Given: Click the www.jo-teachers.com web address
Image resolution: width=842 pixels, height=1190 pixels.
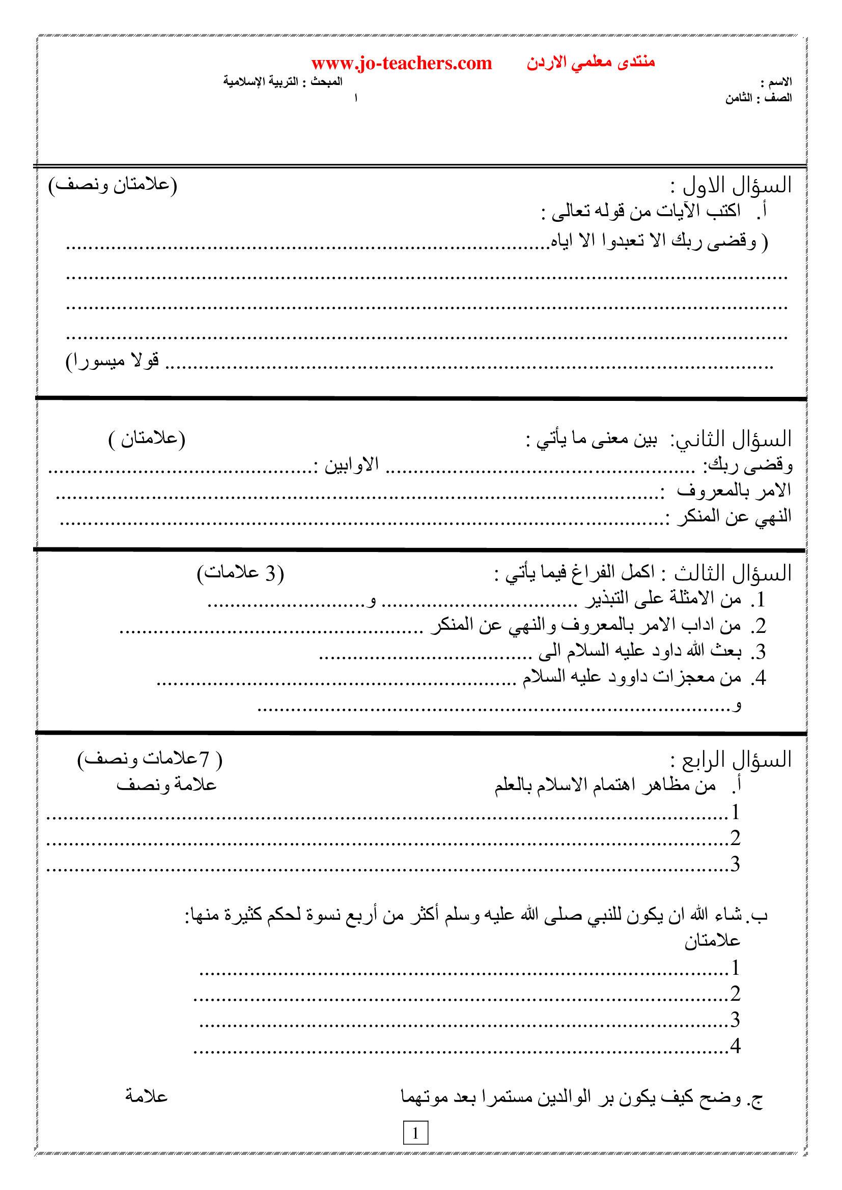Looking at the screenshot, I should coord(401,63).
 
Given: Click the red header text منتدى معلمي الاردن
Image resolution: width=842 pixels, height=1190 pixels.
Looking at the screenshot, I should coord(591,62).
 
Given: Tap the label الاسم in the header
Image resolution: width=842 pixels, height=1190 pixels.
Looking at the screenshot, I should coord(780,82).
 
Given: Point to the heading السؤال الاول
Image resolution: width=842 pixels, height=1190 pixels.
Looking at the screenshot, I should coord(736,186).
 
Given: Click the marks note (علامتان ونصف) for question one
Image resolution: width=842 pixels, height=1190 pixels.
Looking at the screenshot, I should coord(113,185).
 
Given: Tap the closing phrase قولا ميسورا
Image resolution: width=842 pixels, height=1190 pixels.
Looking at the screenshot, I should coord(112,361).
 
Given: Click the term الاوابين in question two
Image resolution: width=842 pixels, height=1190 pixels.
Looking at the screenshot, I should coord(352,465).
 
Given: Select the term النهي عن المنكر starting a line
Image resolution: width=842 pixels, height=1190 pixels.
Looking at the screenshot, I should coord(734,516).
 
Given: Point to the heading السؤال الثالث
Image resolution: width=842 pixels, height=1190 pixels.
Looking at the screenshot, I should coord(733,573).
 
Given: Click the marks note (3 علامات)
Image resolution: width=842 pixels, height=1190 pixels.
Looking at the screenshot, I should coord(240,573).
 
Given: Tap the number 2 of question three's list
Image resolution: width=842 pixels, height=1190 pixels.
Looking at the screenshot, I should coord(760,626).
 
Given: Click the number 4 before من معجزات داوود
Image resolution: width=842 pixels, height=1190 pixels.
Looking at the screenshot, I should coord(760,677).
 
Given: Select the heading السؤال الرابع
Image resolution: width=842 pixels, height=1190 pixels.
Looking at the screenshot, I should coord(736,760).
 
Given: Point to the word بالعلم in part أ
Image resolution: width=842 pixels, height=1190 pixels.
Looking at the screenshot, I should coord(513,785).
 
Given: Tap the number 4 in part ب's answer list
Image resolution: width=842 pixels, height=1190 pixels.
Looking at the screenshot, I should coord(735,1046).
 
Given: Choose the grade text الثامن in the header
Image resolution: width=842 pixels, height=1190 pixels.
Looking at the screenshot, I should coord(738,98).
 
